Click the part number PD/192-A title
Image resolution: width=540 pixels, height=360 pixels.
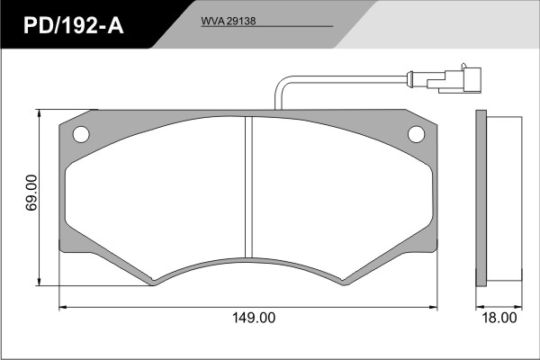click(74, 25)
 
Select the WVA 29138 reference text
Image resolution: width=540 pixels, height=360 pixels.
click(229, 21)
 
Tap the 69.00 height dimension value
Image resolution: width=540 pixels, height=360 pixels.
click(31, 193)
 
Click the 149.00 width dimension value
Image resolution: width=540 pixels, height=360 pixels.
click(254, 318)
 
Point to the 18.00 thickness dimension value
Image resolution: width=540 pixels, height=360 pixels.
click(499, 318)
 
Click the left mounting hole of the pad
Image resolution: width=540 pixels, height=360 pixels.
click(81, 134)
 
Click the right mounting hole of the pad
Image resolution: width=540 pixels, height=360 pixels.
click(416, 134)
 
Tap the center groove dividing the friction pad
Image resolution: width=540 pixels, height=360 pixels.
click(248, 186)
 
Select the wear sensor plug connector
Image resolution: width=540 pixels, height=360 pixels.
click(454, 80)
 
